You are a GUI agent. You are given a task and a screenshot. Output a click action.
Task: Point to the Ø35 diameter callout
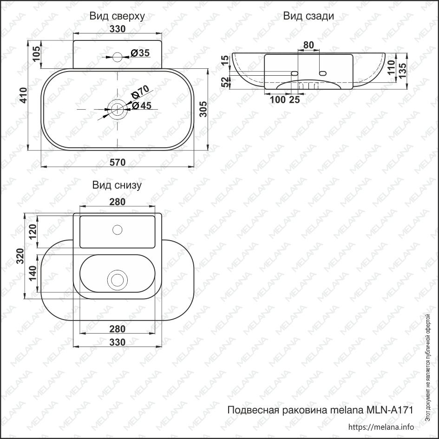click(140, 53)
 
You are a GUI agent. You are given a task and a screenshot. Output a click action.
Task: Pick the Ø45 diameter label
click(142, 105)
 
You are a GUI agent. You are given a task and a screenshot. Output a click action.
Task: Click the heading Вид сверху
click(117, 16)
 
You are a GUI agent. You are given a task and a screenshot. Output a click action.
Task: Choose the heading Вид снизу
click(117, 185)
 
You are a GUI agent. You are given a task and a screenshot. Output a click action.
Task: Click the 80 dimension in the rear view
click(308, 45)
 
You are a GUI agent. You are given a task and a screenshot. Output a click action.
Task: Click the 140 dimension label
click(32, 274)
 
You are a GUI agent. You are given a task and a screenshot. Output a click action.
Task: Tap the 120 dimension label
click(32, 230)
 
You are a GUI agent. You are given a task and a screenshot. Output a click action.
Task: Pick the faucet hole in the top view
click(118, 57)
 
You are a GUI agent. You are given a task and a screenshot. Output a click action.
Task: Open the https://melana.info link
click(380, 427)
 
